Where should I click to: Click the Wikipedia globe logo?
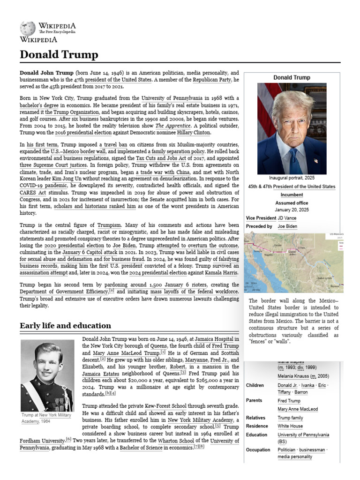pyautogui.click(x=27, y=28)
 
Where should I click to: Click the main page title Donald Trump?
pyautogui.click(x=59, y=55)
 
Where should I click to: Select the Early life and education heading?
pyautogui.click(x=65, y=325)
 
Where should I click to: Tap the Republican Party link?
pyautogui.click(x=212, y=80)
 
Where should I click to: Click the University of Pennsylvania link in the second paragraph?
pyautogui.click(x=172, y=98)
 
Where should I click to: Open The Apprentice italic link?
pyautogui.click(x=172, y=126)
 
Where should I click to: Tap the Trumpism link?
pyautogui.click(x=109, y=225)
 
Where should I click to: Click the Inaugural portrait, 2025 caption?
pyautogui.click(x=292, y=178)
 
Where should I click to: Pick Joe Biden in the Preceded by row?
pyautogui.click(x=287, y=226)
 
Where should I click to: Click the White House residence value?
pyautogui.click(x=291, y=426)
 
